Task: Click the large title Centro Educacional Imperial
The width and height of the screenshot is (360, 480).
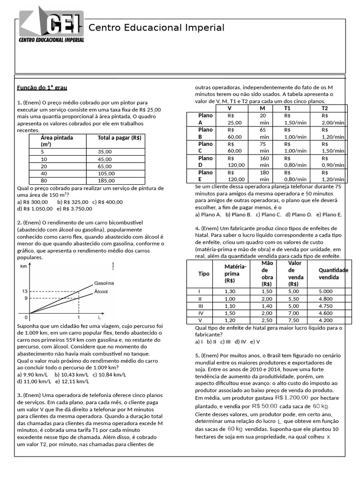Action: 157,28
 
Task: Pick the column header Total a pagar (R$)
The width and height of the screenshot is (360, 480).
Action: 120,138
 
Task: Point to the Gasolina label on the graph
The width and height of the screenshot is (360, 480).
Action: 104,283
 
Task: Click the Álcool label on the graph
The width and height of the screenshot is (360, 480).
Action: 101,291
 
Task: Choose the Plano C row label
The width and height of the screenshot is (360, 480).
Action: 205,147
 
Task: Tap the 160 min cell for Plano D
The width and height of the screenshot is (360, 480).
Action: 264,161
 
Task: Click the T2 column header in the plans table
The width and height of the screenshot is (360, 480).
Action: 324,108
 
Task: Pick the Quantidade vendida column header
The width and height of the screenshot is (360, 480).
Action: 333,274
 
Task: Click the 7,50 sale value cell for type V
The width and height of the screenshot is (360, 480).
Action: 294,321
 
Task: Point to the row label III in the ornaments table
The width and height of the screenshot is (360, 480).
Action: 200,306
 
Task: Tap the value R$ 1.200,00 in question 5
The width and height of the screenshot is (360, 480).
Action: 292,397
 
